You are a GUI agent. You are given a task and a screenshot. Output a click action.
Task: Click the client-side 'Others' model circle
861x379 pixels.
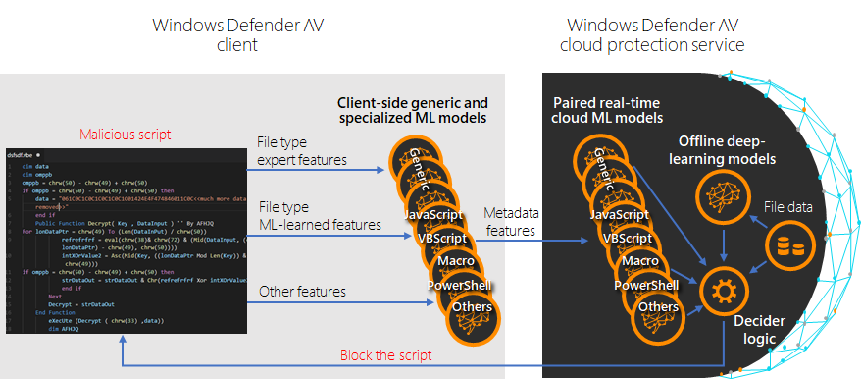(x=473, y=314)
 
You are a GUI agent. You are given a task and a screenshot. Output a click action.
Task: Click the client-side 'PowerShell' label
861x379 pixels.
(x=459, y=285)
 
